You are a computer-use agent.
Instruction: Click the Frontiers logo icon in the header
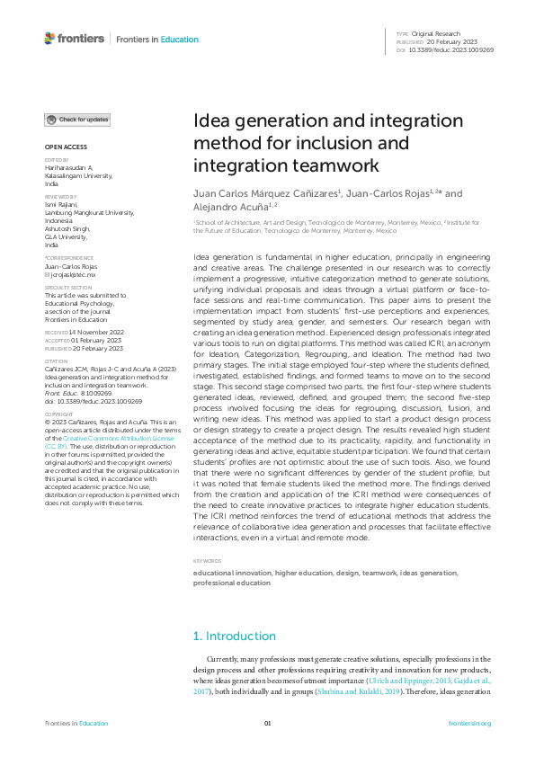click(x=49, y=39)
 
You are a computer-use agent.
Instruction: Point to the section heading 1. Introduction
click(x=235, y=637)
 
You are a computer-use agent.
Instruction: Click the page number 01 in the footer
click(x=267, y=723)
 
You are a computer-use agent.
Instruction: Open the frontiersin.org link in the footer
click(x=469, y=723)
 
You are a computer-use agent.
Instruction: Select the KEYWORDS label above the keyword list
click(x=208, y=561)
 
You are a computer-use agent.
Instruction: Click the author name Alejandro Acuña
click(x=228, y=205)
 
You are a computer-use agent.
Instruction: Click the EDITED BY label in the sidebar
click(x=57, y=161)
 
